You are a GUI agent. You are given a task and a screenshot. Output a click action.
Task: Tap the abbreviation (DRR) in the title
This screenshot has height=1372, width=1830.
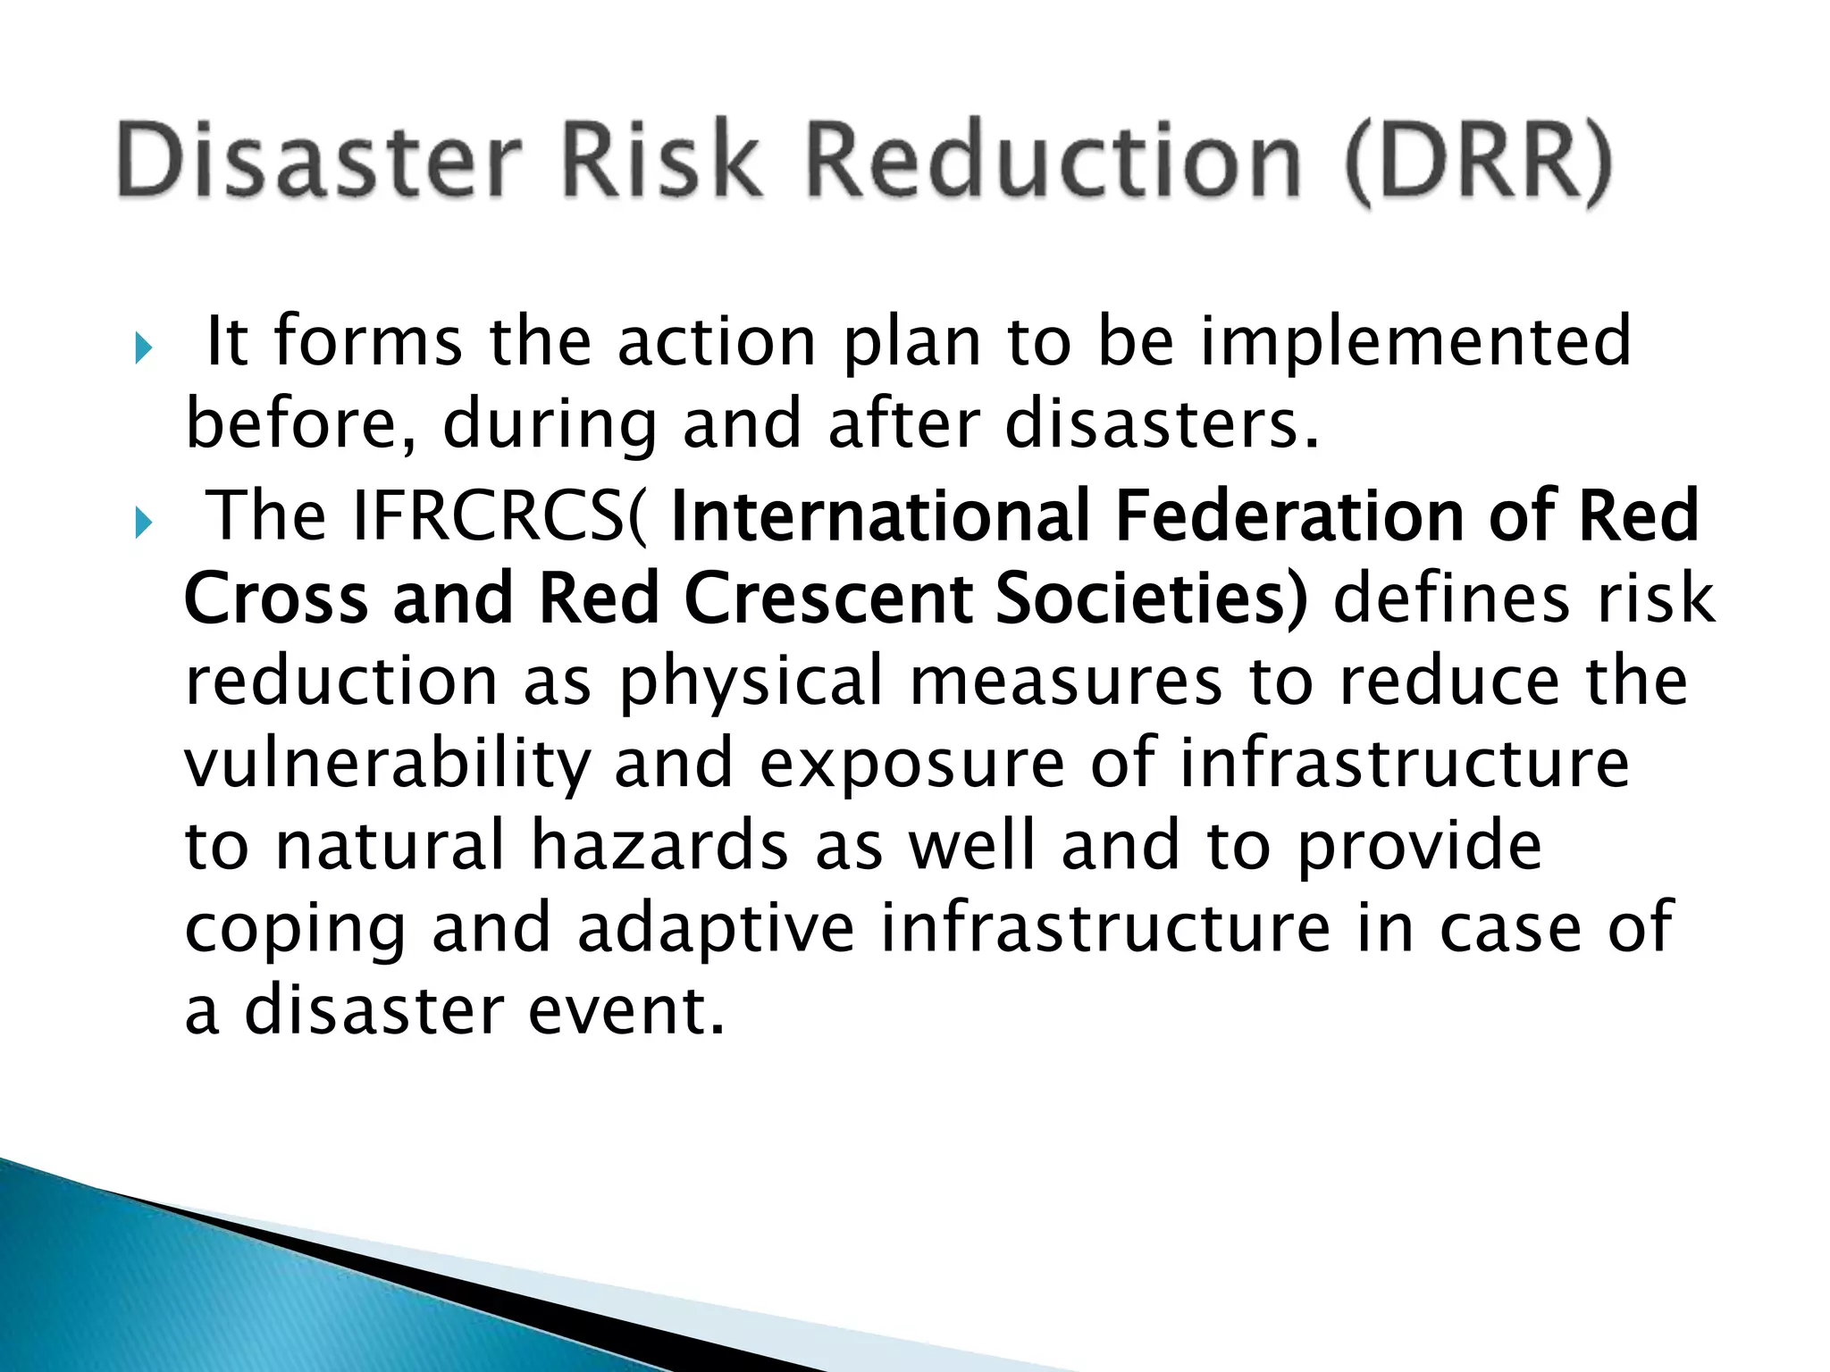[1479, 163]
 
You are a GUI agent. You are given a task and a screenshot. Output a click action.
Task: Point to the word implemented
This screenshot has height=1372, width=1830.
[1415, 343]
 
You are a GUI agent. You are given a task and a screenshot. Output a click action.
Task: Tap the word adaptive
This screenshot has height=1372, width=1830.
[716, 929]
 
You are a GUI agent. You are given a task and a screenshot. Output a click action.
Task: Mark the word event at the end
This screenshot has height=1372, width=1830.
[625, 1011]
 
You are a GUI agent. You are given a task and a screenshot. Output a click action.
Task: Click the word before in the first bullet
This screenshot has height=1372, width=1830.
[299, 425]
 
